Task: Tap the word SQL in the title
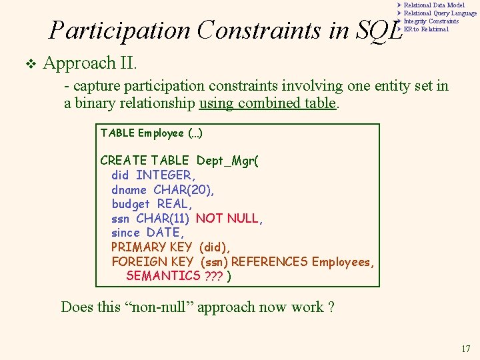tap(381, 31)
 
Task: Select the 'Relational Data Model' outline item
tap(434, 5)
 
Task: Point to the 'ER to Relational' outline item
tap(426, 29)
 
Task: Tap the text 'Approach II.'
tap(90, 63)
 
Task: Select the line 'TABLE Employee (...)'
tap(151, 133)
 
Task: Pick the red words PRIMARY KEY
tap(151, 247)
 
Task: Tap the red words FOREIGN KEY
tap(152, 262)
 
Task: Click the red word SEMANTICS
tap(163, 276)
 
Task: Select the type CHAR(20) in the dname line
tap(184, 190)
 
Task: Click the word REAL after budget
tap(174, 204)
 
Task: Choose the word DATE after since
tap(164, 233)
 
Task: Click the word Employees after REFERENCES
tap(343, 262)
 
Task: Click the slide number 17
tap(465, 349)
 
